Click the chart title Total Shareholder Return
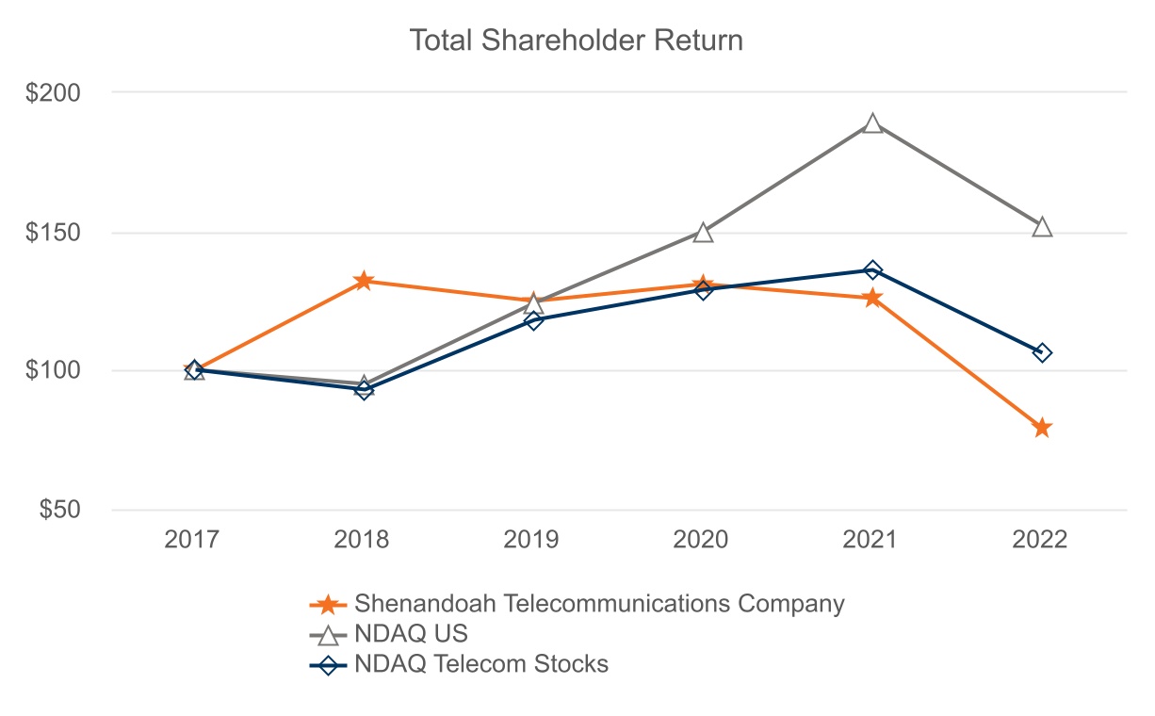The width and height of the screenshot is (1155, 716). pyautogui.click(x=576, y=41)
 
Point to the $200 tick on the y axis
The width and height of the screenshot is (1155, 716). pyautogui.click(x=55, y=93)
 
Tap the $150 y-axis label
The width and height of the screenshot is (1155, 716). pyautogui.click(x=55, y=233)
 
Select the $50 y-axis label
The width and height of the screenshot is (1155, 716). pyautogui.click(x=60, y=510)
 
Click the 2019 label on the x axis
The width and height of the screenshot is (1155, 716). pyautogui.click(x=531, y=540)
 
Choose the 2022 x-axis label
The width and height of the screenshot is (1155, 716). pyautogui.click(x=1040, y=540)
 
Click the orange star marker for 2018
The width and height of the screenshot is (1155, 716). pyautogui.click(x=364, y=281)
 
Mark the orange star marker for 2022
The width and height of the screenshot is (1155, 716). pyautogui.click(x=1042, y=429)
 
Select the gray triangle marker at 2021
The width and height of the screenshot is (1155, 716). pyautogui.click(x=873, y=124)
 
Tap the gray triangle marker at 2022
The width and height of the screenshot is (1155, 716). pyautogui.click(x=1042, y=227)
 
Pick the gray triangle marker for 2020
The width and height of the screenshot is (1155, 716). pyautogui.click(x=703, y=233)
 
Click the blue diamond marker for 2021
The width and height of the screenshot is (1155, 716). pyautogui.click(x=873, y=270)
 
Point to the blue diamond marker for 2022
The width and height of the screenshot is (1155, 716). pyautogui.click(x=1042, y=352)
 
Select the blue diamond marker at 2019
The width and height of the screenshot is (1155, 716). pyautogui.click(x=533, y=320)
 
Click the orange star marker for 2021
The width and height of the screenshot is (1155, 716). pyautogui.click(x=873, y=298)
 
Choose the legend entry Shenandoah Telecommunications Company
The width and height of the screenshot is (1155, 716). pyautogui.click(x=599, y=604)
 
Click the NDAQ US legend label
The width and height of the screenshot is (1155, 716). pyautogui.click(x=411, y=634)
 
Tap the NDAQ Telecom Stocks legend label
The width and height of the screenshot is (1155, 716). pyautogui.click(x=481, y=664)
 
